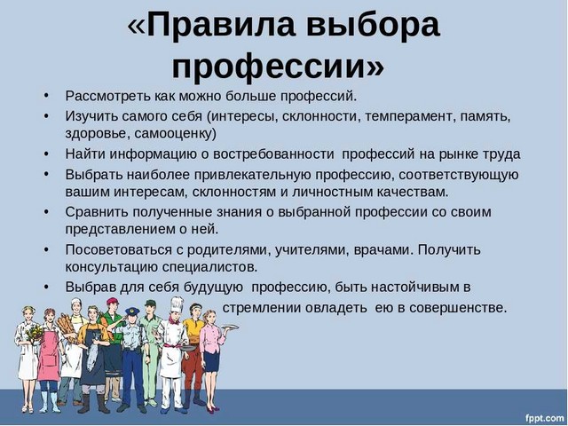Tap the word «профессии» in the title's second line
tap(269, 67)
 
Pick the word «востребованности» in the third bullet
tap(273, 154)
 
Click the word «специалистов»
tap(209, 267)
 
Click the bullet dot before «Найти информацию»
tap(46, 154)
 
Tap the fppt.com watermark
tap(543, 418)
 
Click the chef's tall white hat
tap(177, 305)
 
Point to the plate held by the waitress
tap(229, 327)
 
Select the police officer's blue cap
tap(132, 311)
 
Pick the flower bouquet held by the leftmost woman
tap(34, 333)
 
